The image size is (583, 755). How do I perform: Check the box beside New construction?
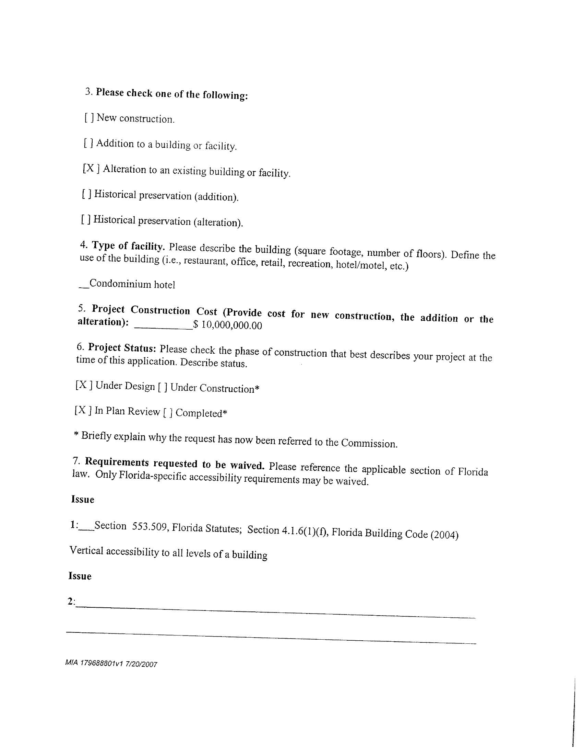pyautogui.click(x=89, y=118)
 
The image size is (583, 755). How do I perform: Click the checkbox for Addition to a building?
pyautogui.click(x=88, y=143)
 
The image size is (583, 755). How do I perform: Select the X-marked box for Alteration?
pyautogui.click(x=91, y=168)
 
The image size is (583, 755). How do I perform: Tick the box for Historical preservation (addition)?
pyautogui.click(x=87, y=194)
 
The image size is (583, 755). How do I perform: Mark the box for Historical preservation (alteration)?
pyautogui.click(x=86, y=219)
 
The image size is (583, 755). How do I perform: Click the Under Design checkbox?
pyautogui.click(x=84, y=385)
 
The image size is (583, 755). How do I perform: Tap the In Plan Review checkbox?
pyautogui.click(x=83, y=410)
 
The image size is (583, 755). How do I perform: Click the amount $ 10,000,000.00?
pyautogui.click(x=228, y=325)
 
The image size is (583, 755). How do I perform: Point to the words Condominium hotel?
pyautogui.click(x=132, y=284)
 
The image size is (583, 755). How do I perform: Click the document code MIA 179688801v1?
pyautogui.click(x=94, y=663)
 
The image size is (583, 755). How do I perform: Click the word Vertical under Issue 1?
pyautogui.click(x=86, y=550)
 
